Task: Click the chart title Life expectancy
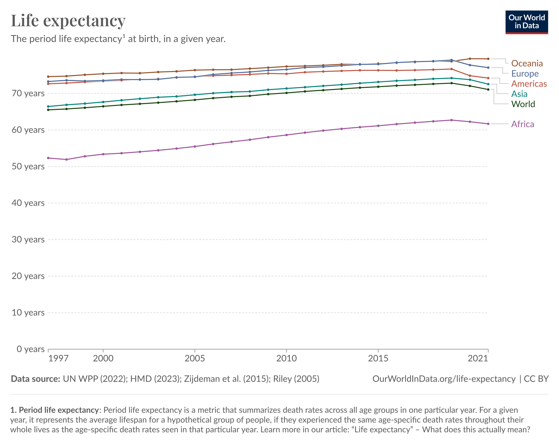(x=68, y=21)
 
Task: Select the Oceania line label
(x=527, y=63)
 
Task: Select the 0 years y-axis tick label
(x=30, y=349)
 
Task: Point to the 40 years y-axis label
(x=28, y=203)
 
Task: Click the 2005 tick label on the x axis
(x=195, y=358)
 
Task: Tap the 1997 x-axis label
(x=58, y=358)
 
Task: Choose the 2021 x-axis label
(x=478, y=358)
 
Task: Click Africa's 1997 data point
(x=48, y=158)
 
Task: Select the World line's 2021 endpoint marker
(x=488, y=89)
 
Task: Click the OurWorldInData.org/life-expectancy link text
(x=444, y=379)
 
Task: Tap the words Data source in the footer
(x=35, y=379)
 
